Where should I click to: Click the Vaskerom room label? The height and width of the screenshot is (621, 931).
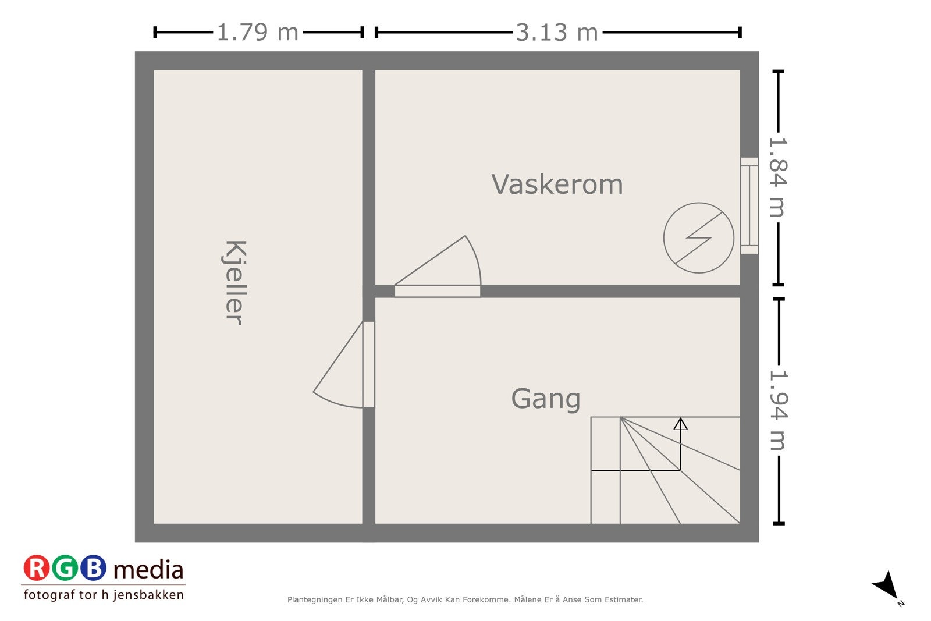(557, 184)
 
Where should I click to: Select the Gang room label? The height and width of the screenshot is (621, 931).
(545, 399)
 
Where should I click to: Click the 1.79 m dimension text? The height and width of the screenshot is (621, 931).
(257, 33)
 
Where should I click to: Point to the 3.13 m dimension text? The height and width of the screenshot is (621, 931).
(557, 33)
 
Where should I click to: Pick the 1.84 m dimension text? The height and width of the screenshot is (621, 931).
(778, 177)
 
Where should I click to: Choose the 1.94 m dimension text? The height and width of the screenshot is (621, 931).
(778, 411)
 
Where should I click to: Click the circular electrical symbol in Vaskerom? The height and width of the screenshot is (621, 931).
(698, 237)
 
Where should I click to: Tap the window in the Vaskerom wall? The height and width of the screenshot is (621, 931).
(749, 205)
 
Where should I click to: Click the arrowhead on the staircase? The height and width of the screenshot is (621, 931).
(680, 424)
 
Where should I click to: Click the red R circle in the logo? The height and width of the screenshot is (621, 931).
(37, 568)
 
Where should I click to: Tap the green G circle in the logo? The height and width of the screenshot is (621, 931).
(65, 568)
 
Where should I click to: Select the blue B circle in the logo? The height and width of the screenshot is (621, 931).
(93, 568)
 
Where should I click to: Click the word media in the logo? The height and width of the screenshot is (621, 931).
(148, 570)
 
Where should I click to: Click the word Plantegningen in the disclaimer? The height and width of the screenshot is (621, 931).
(314, 599)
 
